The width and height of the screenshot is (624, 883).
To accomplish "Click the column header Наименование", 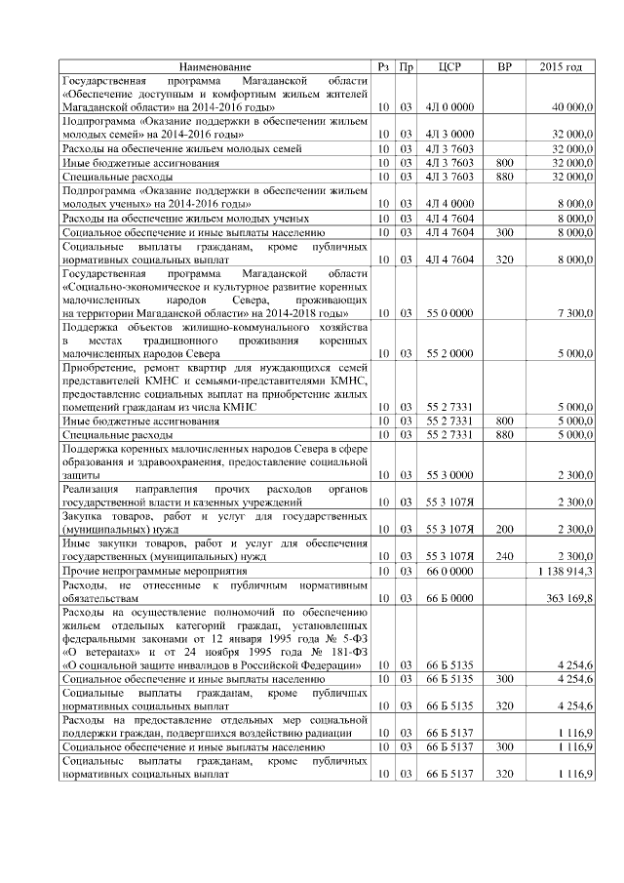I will [x=215, y=66].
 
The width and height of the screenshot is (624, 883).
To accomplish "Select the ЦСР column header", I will [x=449, y=66].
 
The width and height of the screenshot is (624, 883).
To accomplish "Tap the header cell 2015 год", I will [x=561, y=66].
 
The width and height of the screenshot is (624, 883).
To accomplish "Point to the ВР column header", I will [x=504, y=66].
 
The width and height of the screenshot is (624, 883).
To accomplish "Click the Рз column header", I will [x=384, y=66].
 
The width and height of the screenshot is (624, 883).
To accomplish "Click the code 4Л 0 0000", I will [x=449, y=105].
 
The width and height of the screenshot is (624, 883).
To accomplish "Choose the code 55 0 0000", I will [x=449, y=312].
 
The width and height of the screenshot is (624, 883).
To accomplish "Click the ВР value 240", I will [x=504, y=554].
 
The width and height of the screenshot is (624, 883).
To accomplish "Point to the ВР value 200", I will [x=504, y=528].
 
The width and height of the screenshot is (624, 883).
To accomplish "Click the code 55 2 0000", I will [x=449, y=353].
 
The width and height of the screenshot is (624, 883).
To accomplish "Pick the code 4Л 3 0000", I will [x=449, y=133].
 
